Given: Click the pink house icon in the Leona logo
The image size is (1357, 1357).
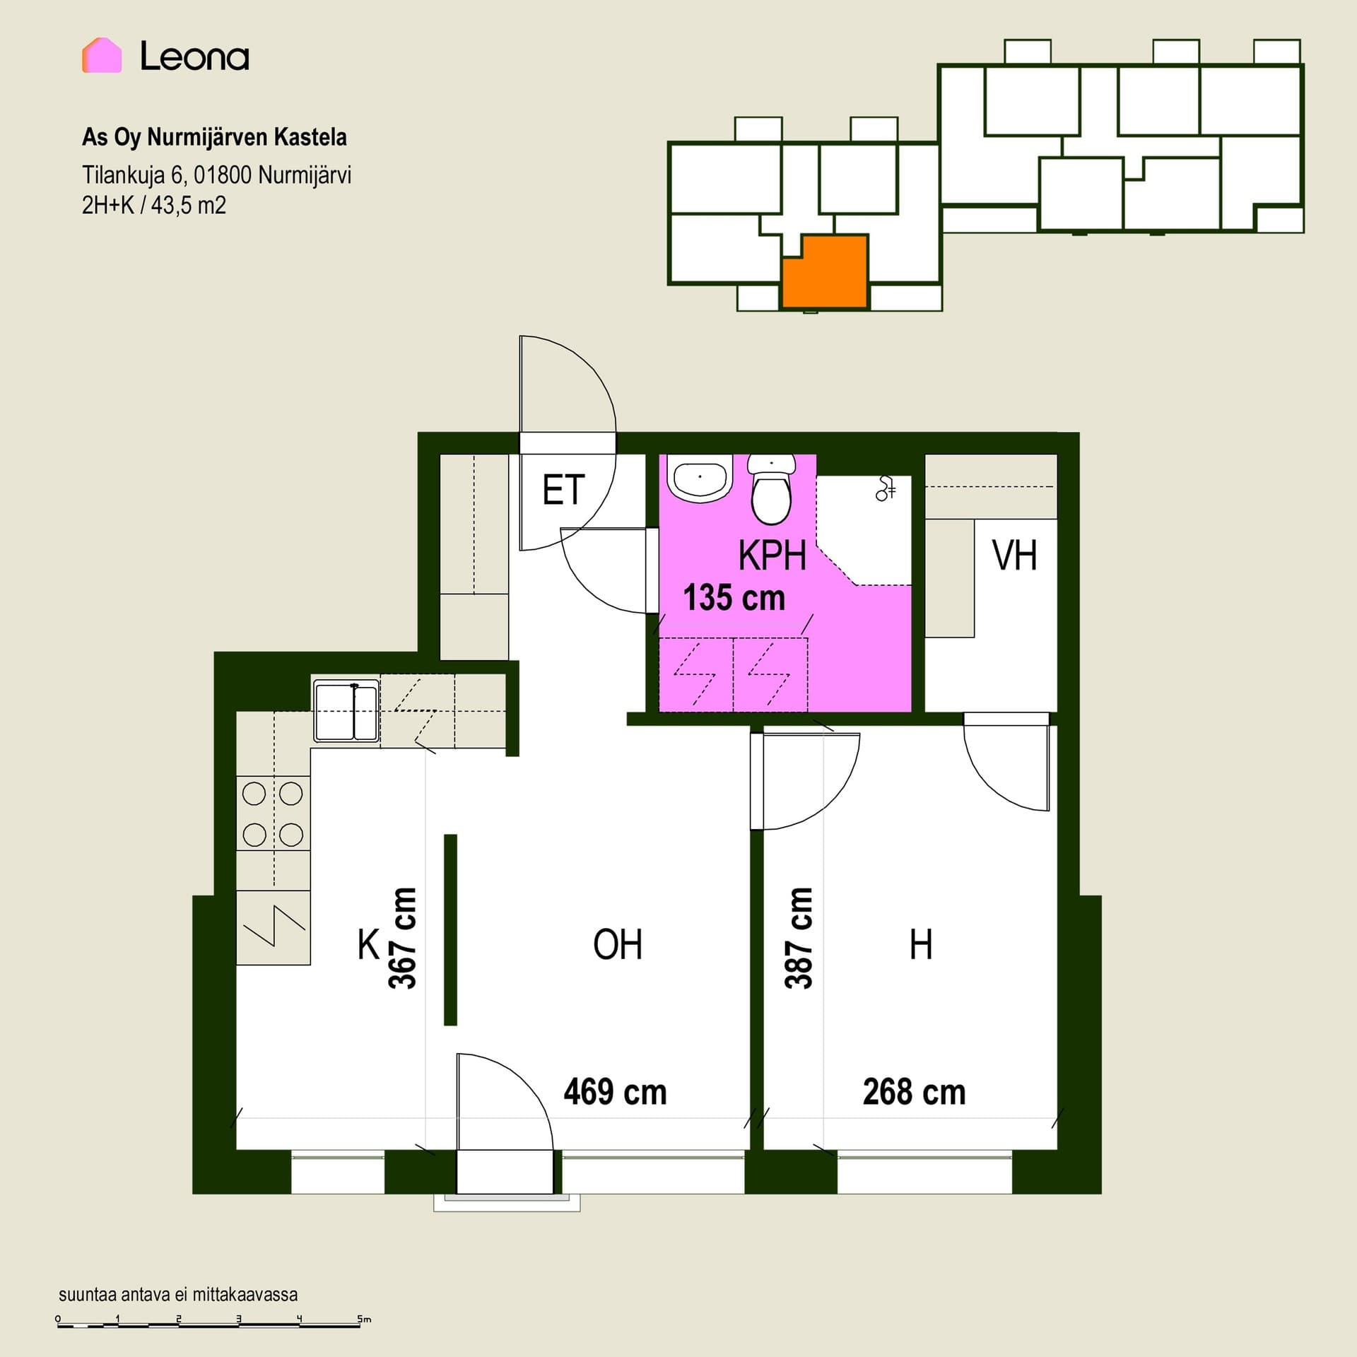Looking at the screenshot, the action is click(102, 55).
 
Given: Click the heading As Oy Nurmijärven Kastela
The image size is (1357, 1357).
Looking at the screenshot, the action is click(214, 137).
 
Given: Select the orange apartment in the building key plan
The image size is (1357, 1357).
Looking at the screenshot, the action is click(825, 272).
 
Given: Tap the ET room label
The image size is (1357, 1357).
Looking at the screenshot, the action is click(563, 490).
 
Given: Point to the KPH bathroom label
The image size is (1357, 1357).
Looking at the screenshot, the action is click(773, 556).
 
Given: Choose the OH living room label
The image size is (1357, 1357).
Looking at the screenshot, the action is click(618, 945).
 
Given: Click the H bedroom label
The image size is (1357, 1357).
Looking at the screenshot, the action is click(921, 945).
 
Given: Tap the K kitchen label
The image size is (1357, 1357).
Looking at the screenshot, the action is click(369, 945).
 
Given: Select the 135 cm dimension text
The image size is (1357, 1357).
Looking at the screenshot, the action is click(734, 598).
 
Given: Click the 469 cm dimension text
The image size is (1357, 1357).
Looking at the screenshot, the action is click(615, 1092).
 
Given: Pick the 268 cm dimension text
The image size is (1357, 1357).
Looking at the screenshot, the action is click(914, 1092).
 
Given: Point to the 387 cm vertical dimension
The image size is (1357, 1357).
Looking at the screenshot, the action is click(799, 938).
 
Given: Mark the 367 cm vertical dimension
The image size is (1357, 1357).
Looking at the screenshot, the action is click(403, 938).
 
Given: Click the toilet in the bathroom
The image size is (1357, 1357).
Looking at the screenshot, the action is click(772, 489).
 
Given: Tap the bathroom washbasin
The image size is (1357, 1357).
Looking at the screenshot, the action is click(700, 479).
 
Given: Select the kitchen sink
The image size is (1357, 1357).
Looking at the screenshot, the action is click(346, 711).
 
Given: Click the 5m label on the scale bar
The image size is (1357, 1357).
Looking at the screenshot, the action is click(363, 1319).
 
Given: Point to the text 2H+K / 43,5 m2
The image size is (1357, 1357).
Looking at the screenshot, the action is click(154, 206).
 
